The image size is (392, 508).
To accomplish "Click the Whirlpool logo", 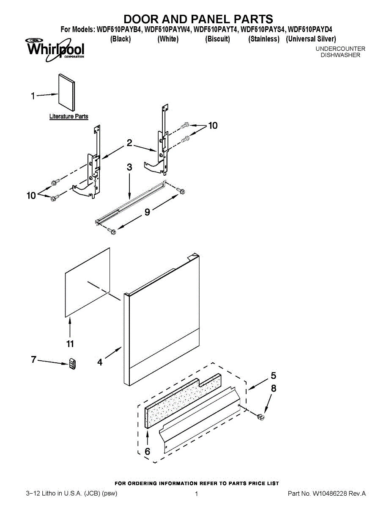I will pos(55,48).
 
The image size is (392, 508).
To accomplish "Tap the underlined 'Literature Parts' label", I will pos(69,116).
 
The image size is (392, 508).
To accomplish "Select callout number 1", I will pos(33,97).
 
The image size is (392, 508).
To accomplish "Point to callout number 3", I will pos(129,167).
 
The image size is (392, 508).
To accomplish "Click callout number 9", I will pos(147,212).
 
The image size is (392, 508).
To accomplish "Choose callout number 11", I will pos(70,343).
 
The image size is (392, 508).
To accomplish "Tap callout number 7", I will pos(33,359).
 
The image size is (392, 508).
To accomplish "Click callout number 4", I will pos(100,362).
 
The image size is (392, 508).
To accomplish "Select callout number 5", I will pos(273,375).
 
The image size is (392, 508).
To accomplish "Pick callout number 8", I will pos(274,388).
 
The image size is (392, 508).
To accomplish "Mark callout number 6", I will pos(147,451).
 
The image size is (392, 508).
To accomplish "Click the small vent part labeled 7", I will pos(72,364).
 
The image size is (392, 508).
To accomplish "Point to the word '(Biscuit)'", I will pos(217,39).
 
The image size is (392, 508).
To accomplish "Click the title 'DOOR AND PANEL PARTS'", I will pos(198,19).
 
